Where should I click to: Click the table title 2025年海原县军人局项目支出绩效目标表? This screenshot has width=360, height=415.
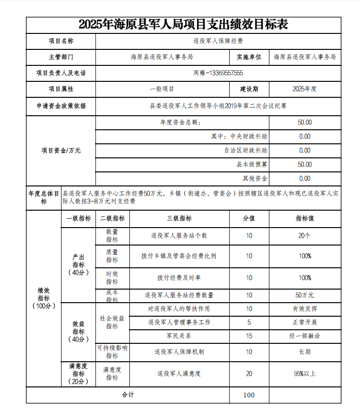click(183, 25)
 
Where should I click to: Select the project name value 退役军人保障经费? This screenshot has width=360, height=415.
click(218, 41)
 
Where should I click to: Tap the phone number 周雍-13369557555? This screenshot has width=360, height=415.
click(218, 73)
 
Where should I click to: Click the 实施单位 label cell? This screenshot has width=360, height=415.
click(249, 57)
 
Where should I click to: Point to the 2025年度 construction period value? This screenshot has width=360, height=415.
click(304, 89)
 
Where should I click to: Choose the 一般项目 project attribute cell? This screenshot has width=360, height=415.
click(162, 89)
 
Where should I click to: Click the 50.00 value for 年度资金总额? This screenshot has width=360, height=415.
click(304, 123)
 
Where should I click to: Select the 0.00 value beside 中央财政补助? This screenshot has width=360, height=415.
click(304, 137)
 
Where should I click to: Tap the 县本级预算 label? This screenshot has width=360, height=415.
click(251, 165)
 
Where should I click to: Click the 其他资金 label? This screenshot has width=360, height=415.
click(255, 179)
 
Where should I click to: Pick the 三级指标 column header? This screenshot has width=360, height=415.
click(179, 218)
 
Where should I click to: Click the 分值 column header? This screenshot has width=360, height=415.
click(249, 218)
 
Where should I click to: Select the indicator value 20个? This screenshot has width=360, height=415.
click(304, 236)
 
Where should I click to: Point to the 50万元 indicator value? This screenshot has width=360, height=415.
click(304, 295)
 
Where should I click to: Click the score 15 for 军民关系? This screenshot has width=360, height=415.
click(249, 336)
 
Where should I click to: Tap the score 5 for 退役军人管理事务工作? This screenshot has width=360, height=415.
click(249, 322)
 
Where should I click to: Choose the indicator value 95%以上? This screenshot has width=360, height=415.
click(304, 373)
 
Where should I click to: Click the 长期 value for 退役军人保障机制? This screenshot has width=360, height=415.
click(304, 352)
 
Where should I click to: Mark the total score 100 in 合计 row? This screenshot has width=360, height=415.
click(249, 395)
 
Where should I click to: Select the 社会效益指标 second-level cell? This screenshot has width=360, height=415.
click(112, 322)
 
